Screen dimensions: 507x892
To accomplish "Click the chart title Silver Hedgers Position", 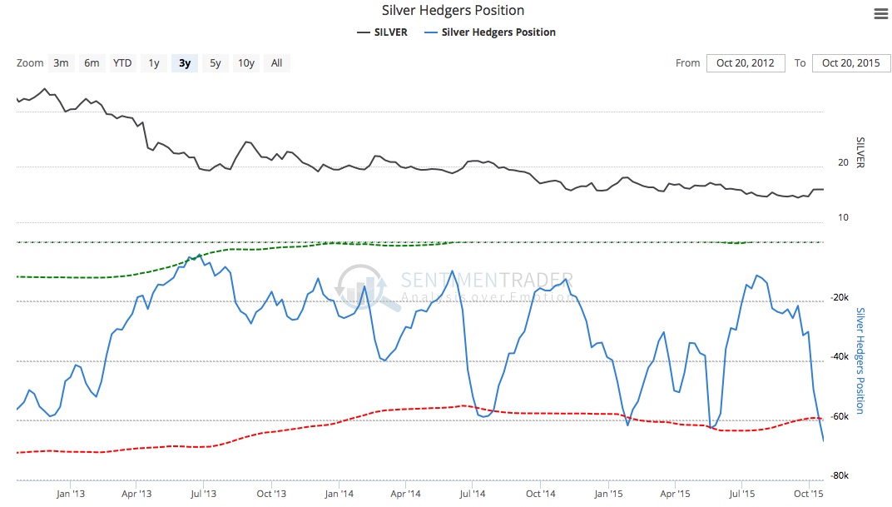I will point(453,11).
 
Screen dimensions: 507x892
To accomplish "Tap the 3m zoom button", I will point(61,63).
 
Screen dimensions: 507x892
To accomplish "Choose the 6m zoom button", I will point(92,63).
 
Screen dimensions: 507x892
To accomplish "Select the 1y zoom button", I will point(154,63).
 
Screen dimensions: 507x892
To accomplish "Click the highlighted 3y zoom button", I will point(185,63).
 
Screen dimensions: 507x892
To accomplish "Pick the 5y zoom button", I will point(216,63).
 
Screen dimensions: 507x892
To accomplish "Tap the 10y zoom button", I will point(246,63).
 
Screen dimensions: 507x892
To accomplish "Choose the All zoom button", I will point(277,63).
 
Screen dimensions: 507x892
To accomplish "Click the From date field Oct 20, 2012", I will point(746,63).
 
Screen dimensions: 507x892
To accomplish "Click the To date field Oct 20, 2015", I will point(850,63).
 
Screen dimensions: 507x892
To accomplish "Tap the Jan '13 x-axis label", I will point(69,494).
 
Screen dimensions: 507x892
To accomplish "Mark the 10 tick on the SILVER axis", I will point(843,217).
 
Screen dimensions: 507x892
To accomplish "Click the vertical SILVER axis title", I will point(861,152).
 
